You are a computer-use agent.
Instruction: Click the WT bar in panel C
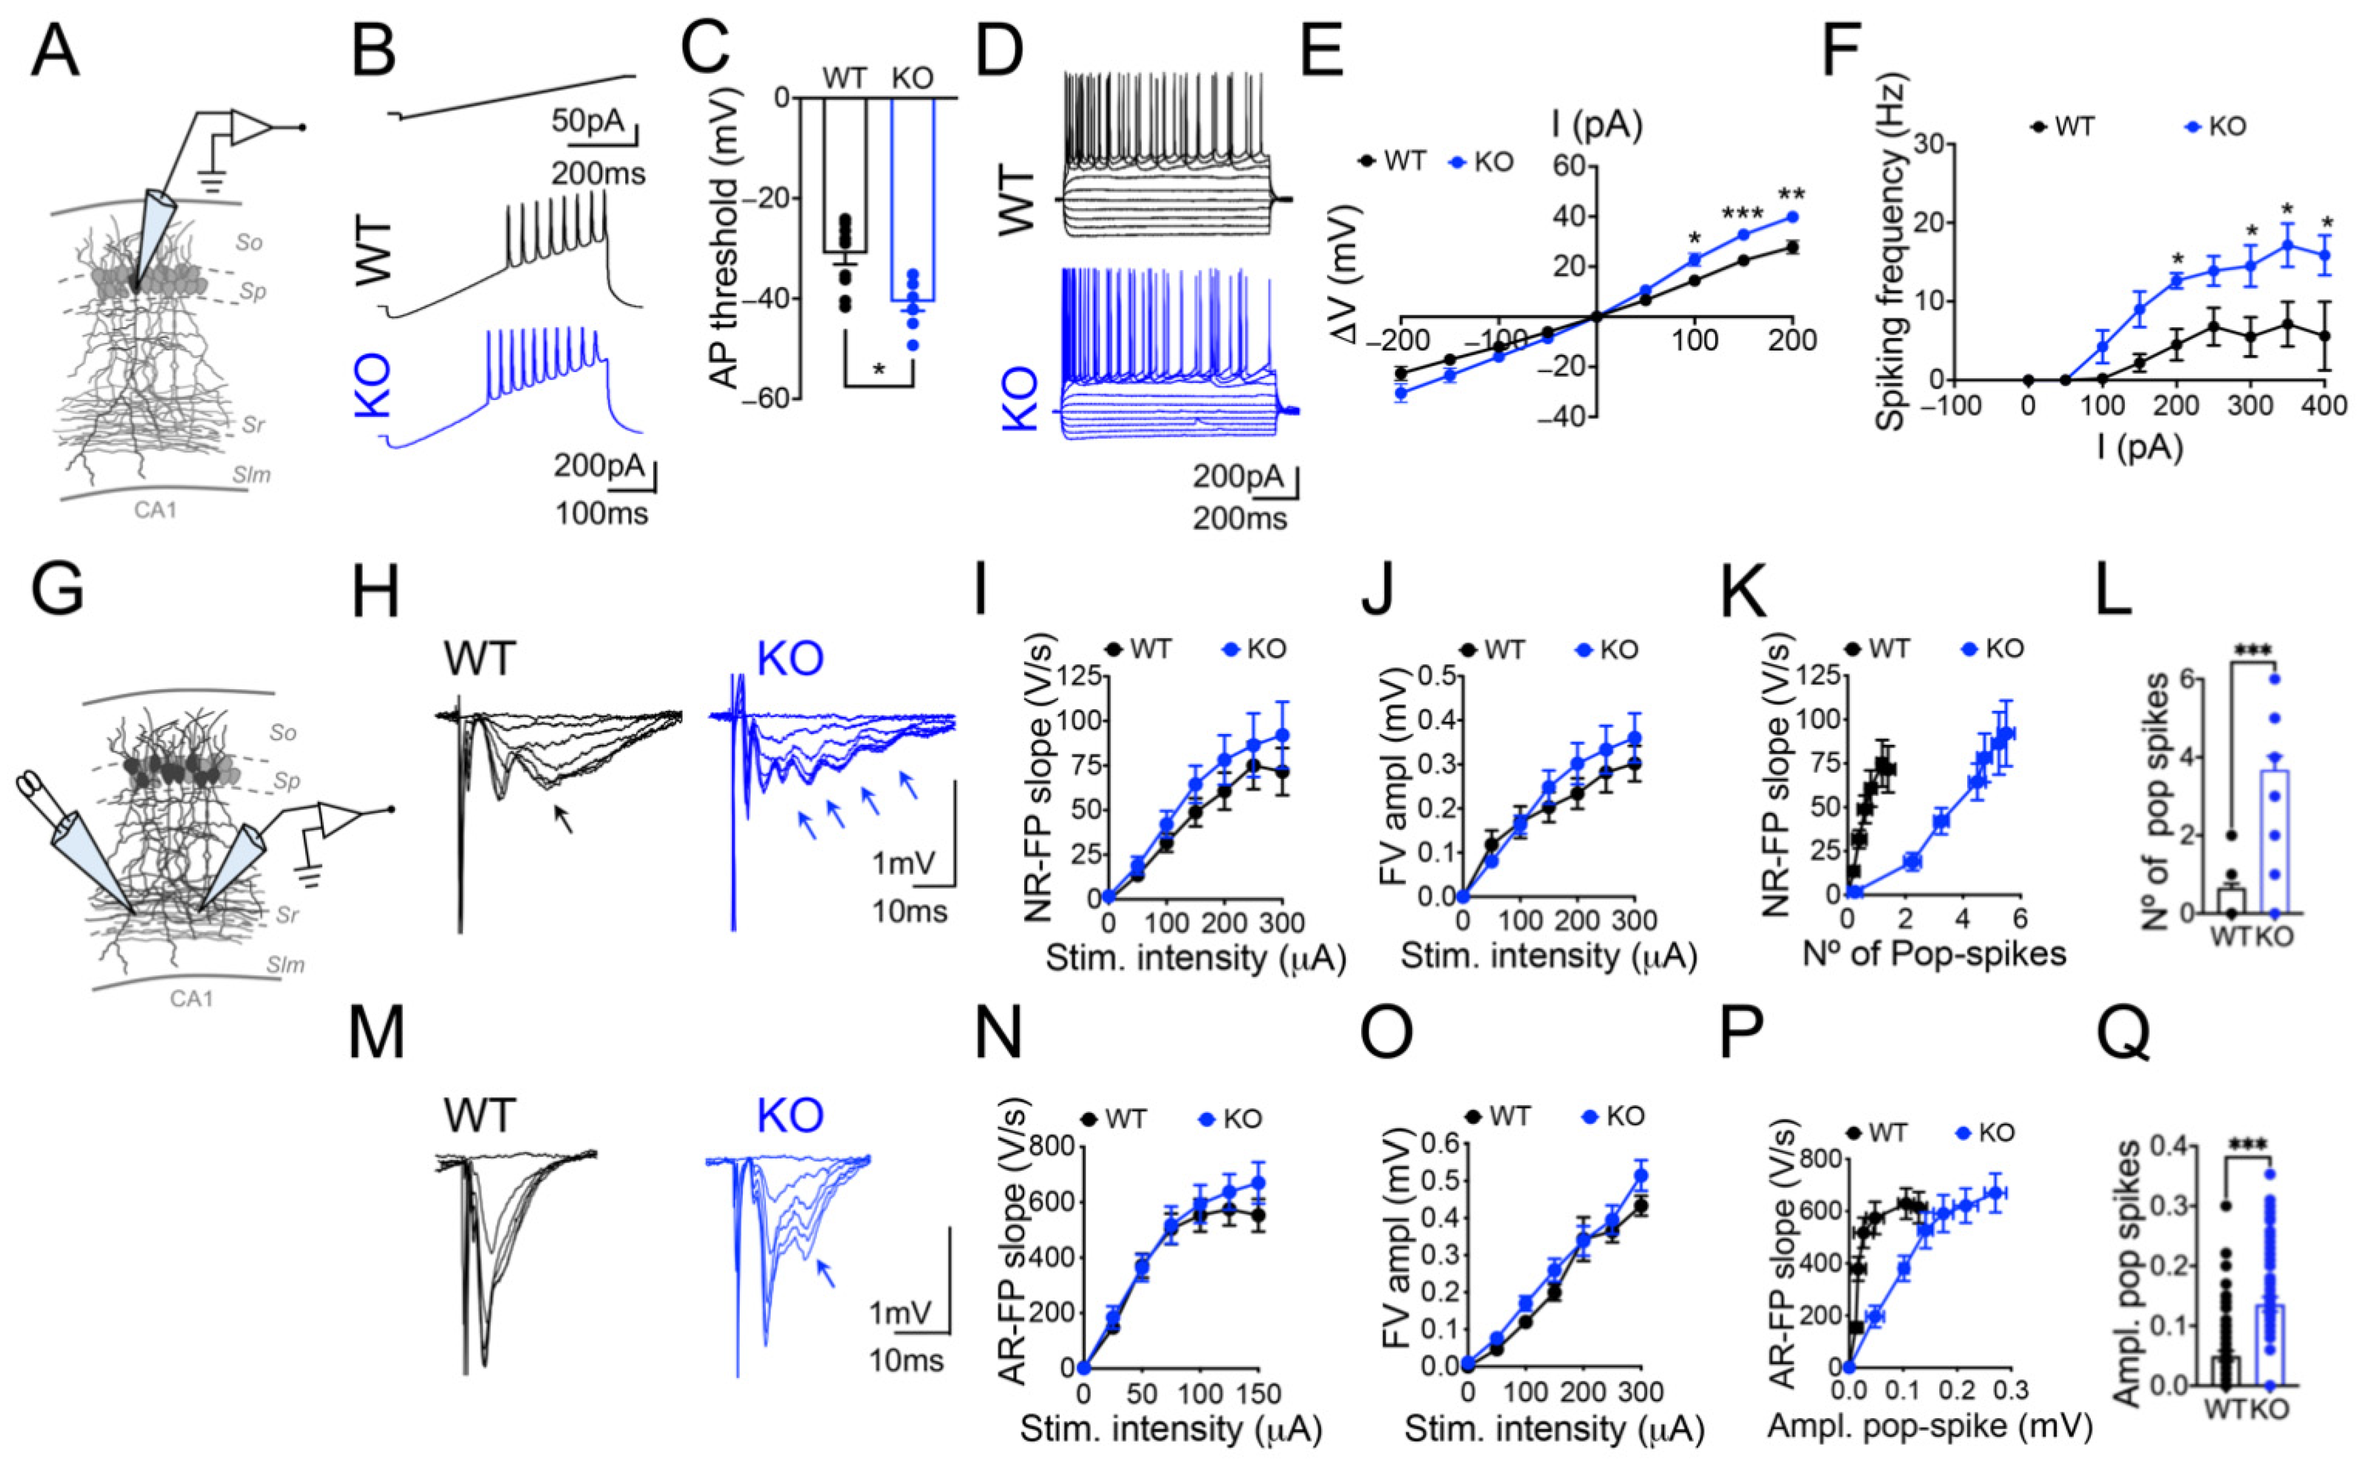[845, 174]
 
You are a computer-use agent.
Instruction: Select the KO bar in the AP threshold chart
[912, 199]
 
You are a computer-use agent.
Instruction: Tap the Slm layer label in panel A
[251, 474]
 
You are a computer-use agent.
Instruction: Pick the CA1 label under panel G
[191, 998]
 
